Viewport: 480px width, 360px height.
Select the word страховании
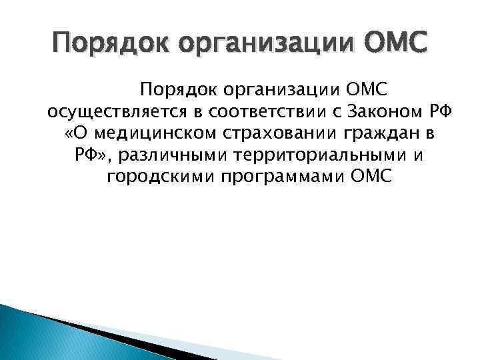[281, 133]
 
